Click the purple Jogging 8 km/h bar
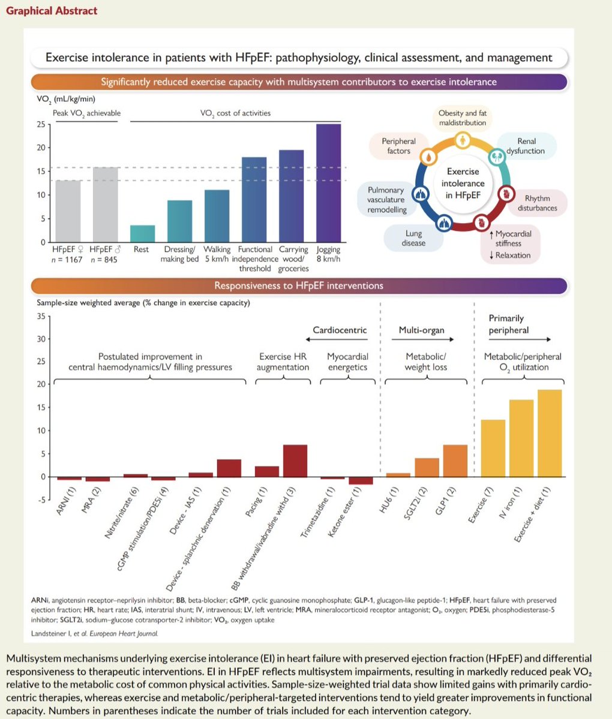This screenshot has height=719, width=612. pyautogui.click(x=328, y=183)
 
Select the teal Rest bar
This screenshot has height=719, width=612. pyautogui.click(x=142, y=233)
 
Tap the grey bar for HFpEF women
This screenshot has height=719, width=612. pyautogui.click(x=68, y=211)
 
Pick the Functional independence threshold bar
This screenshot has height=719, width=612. pyautogui.click(x=254, y=200)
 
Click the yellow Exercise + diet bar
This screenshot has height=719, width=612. pyautogui.click(x=550, y=433)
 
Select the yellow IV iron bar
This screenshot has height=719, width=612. pyautogui.click(x=521, y=438)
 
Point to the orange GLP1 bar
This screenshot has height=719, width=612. pyautogui.click(x=455, y=461)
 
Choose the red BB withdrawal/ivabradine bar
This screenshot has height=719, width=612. pyautogui.click(x=295, y=461)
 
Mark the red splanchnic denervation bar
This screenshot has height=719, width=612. pyautogui.click(x=229, y=468)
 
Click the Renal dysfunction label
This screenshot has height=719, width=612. pyautogui.click(x=526, y=146)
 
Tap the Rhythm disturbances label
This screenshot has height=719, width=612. pyautogui.click(x=537, y=203)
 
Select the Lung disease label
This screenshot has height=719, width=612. pyautogui.click(x=413, y=239)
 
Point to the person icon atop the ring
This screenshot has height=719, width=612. pyautogui.click(x=463, y=140)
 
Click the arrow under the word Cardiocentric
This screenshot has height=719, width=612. pyautogui.click(x=337, y=339)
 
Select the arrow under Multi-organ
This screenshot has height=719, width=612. pyautogui.click(x=422, y=339)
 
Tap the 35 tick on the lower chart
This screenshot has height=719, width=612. pyautogui.click(x=41, y=316)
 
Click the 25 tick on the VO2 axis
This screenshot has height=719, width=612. pyautogui.click(x=41, y=124)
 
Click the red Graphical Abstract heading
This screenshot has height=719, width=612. pyautogui.click(x=52, y=11)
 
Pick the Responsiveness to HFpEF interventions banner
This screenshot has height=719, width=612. pyautogui.click(x=299, y=285)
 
